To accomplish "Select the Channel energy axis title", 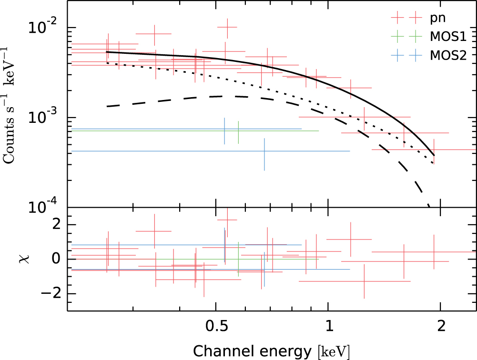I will coord(272,351).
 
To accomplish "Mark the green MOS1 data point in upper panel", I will coord(238,131).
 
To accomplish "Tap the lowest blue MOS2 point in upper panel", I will coord(264,151).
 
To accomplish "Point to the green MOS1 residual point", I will coord(238,259).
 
